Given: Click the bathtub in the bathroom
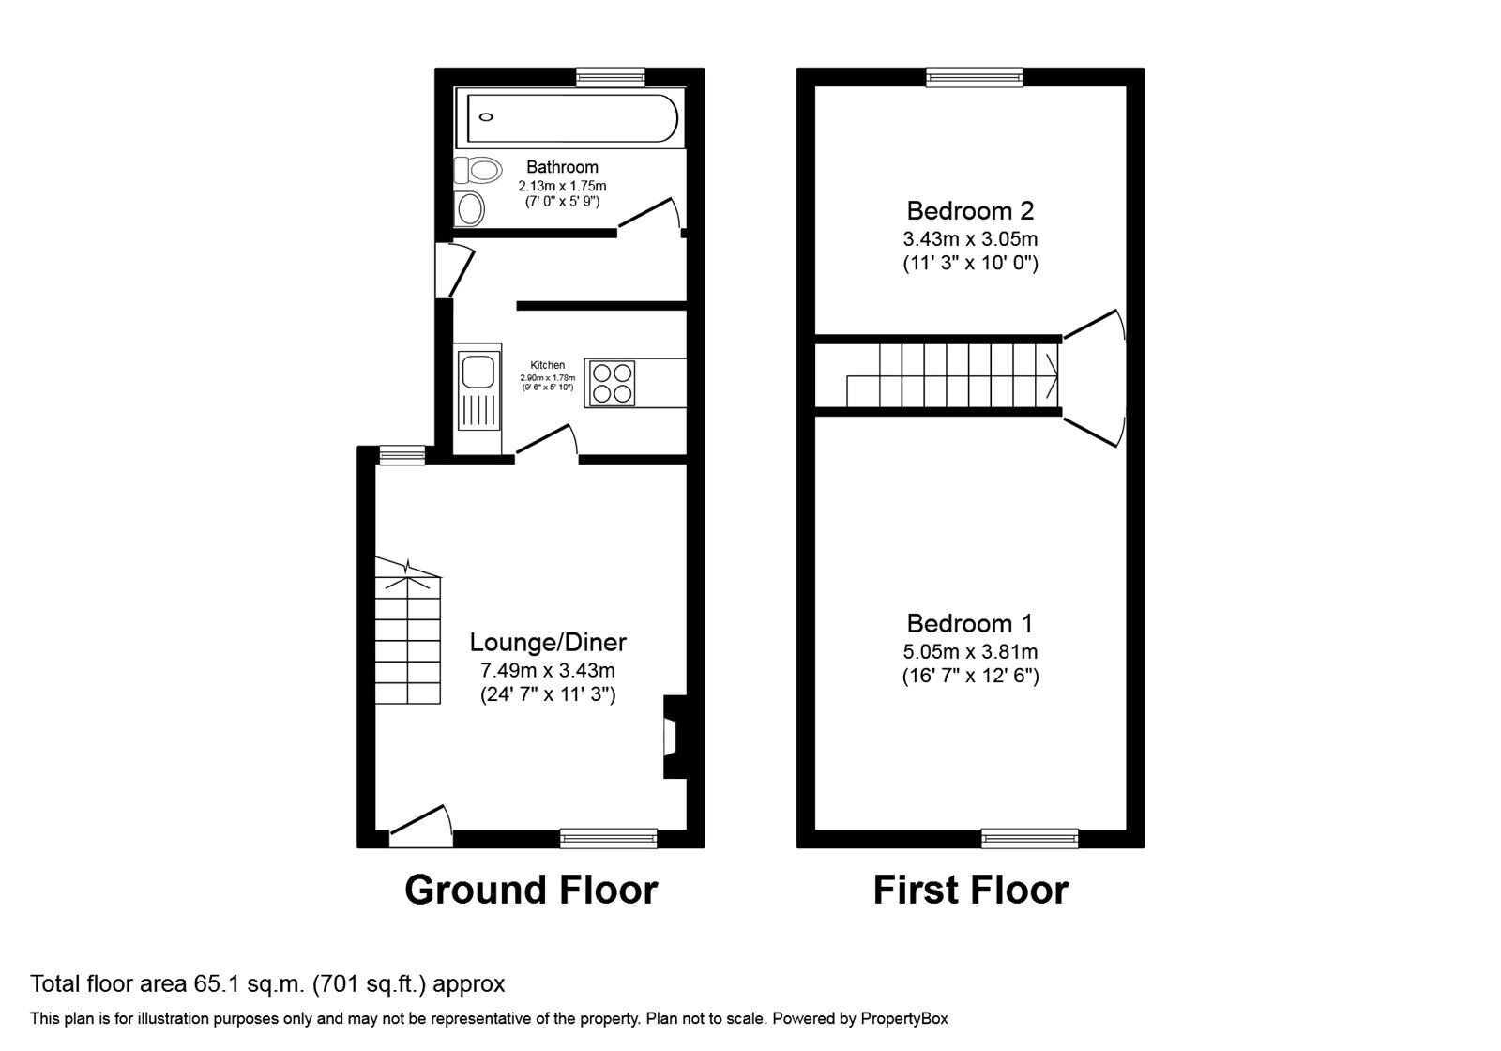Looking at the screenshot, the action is click(569, 118).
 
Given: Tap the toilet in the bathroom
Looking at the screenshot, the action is click(478, 170).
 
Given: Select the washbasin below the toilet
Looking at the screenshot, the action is click(469, 208).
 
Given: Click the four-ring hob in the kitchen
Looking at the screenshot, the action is click(613, 383).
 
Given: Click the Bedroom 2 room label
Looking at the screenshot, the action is click(970, 210).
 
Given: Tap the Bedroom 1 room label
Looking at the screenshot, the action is click(970, 623).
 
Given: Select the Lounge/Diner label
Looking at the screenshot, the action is click(548, 642).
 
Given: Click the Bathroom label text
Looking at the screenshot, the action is click(562, 167).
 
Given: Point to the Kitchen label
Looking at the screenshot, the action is click(548, 365).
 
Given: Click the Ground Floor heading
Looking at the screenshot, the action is click(531, 891).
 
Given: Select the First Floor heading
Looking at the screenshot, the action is click(970, 891).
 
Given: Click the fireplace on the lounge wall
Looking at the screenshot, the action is click(675, 738).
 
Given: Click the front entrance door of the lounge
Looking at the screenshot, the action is click(420, 827).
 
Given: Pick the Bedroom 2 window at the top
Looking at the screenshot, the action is click(975, 77).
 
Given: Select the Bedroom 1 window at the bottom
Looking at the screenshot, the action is click(1030, 838).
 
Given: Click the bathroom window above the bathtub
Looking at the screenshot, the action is click(611, 77).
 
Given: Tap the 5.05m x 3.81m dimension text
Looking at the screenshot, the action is click(970, 651).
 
